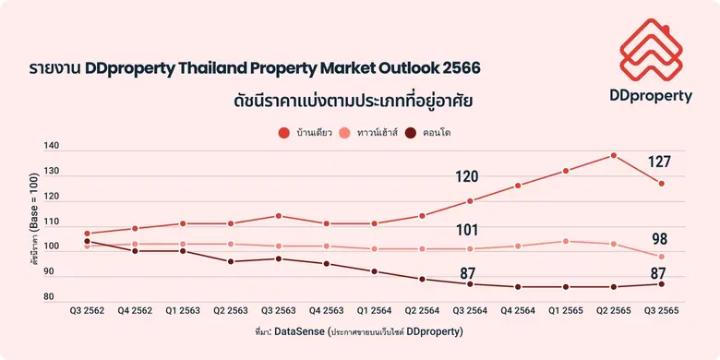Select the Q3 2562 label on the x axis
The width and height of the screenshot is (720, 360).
click(x=87, y=311)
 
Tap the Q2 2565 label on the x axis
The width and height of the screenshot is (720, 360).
click(x=614, y=311)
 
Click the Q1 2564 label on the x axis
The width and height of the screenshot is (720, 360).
click(x=375, y=311)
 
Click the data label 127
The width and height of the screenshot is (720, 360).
click(x=659, y=162)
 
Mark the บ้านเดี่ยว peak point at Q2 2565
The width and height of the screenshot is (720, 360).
click(x=614, y=155)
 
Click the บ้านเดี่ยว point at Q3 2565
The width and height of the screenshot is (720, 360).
click(x=662, y=184)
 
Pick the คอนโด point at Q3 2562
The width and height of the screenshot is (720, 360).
click(x=87, y=241)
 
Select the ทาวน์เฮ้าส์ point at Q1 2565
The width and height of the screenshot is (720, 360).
click(x=566, y=241)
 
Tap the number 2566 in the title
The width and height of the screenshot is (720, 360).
click(x=460, y=69)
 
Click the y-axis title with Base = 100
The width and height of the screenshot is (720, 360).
click(x=32, y=222)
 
